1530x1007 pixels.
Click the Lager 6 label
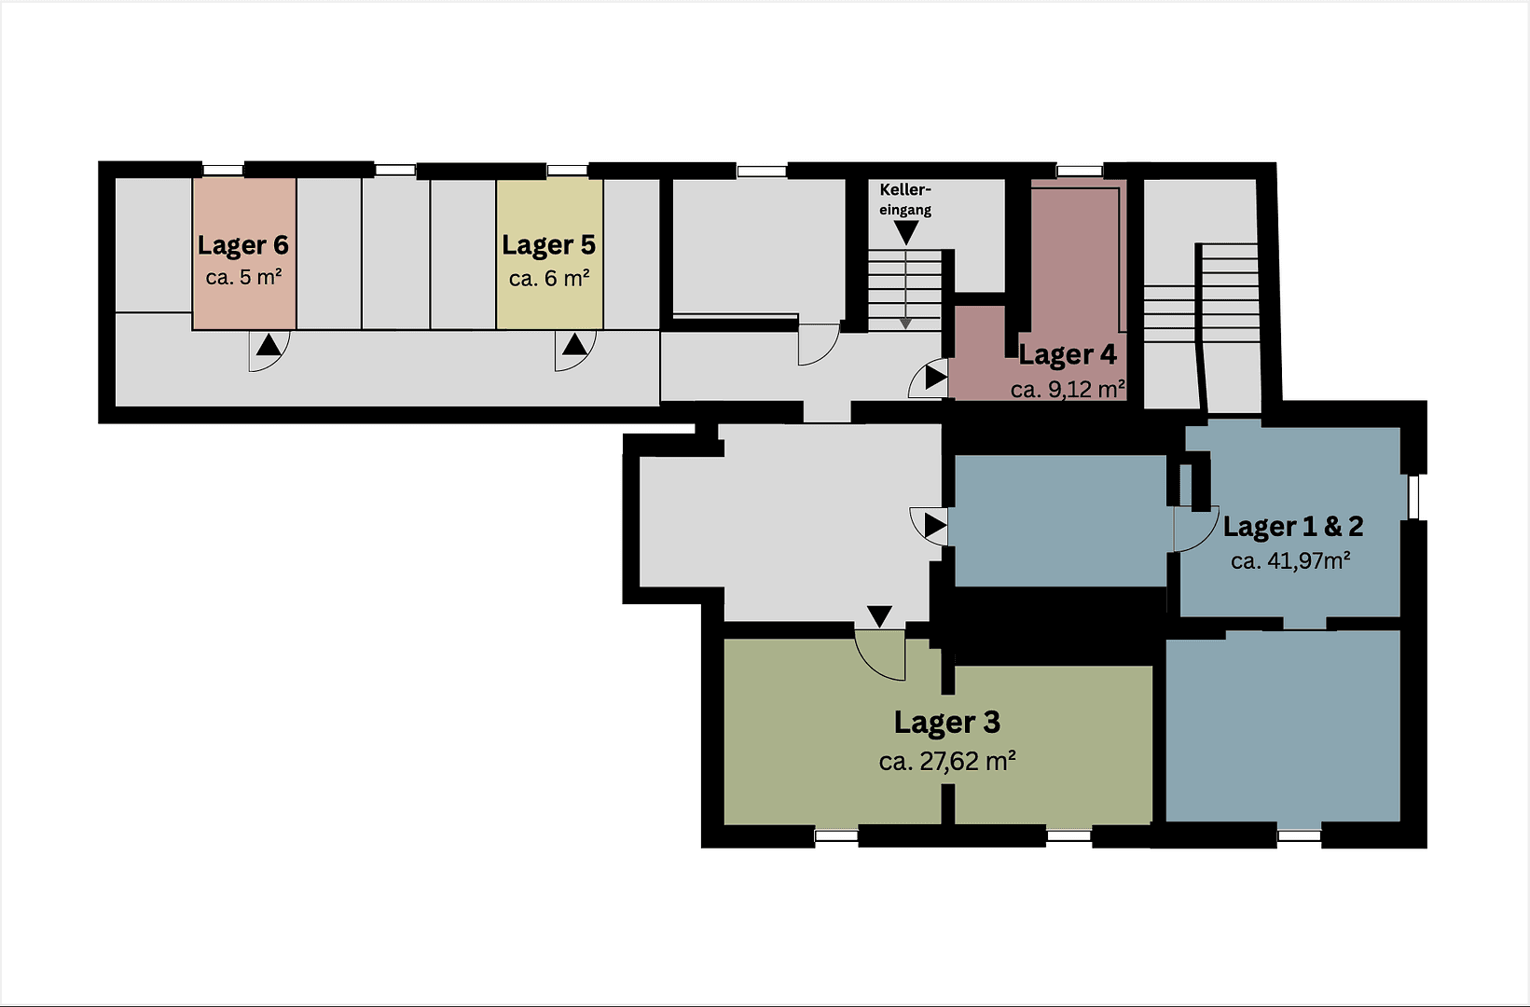click(x=242, y=245)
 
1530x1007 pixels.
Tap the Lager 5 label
click(x=548, y=245)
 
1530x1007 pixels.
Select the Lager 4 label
click(x=1067, y=355)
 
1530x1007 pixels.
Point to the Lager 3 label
click(x=946, y=723)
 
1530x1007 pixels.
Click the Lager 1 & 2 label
click(x=1292, y=527)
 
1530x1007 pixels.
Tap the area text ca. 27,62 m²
click(x=946, y=762)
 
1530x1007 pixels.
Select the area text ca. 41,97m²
click(x=1290, y=561)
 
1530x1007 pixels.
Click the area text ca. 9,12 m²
click(x=1067, y=390)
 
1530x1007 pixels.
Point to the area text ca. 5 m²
click(x=243, y=278)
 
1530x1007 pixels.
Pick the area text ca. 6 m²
click(x=548, y=279)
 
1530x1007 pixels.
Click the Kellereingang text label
click(x=905, y=200)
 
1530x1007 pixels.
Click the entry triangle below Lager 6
click(x=269, y=345)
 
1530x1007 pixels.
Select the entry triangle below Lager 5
click(x=574, y=345)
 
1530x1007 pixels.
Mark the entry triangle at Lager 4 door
click(x=935, y=379)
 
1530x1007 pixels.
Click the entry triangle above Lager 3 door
click(x=879, y=616)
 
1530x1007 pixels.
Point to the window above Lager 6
click(x=223, y=170)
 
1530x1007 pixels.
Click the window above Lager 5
click(x=567, y=170)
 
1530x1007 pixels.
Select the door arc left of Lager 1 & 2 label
click(x=1197, y=530)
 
